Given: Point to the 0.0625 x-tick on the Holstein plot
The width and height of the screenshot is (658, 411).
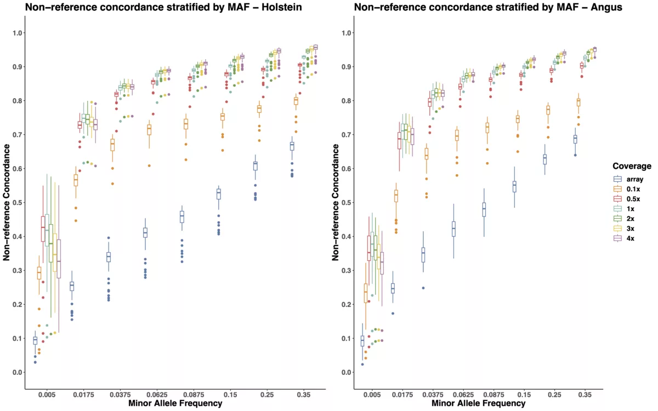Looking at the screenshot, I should (x=145, y=394).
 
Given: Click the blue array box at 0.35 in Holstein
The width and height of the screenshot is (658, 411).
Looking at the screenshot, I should (x=292, y=146).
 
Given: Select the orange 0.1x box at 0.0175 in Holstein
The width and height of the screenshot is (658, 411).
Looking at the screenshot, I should (x=76, y=180).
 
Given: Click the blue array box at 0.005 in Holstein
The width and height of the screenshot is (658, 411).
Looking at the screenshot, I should (x=35, y=341).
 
